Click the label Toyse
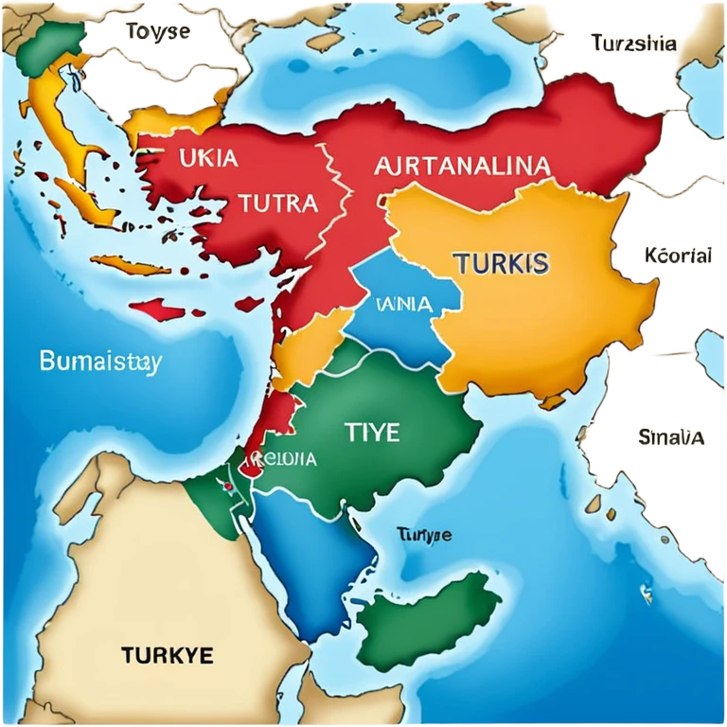tap(157, 31)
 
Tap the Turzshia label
tap(633, 44)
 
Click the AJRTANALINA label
tap(462, 167)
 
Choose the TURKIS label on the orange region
tap(502, 262)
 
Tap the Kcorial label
tap(677, 256)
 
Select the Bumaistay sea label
tap(100, 361)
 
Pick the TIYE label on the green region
tap(371, 433)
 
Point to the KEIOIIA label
tap(281, 460)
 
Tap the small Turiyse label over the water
tap(423, 535)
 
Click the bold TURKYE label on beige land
tap(168, 654)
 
